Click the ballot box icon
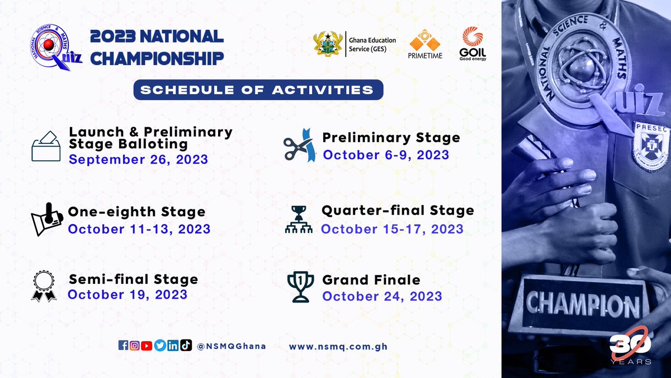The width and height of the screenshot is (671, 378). click(x=46, y=147)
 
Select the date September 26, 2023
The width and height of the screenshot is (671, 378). click(x=138, y=160)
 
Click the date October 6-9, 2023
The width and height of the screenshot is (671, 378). click(x=386, y=154)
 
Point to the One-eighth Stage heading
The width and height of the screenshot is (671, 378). click(x=136, y=212)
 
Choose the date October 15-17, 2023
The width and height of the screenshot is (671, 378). click(x=392, y=229)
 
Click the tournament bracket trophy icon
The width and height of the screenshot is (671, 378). click(x=299, y=219)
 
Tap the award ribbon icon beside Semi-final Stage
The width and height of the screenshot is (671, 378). click(x=43, y=286)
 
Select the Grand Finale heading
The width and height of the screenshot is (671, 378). click(x=371, y=279)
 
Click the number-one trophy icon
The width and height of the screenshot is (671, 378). click(x=300, y=287)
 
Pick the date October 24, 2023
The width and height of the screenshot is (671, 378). click(x=382, y=296)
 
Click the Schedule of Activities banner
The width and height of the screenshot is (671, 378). click(x=258, y=90)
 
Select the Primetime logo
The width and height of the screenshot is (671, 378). click(x=425, y=45)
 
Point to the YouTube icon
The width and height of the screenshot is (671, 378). click(x=147, y=346)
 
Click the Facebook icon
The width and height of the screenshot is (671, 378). click(x=123, y=346)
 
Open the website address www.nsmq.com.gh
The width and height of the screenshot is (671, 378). click(x=338, y=347)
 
